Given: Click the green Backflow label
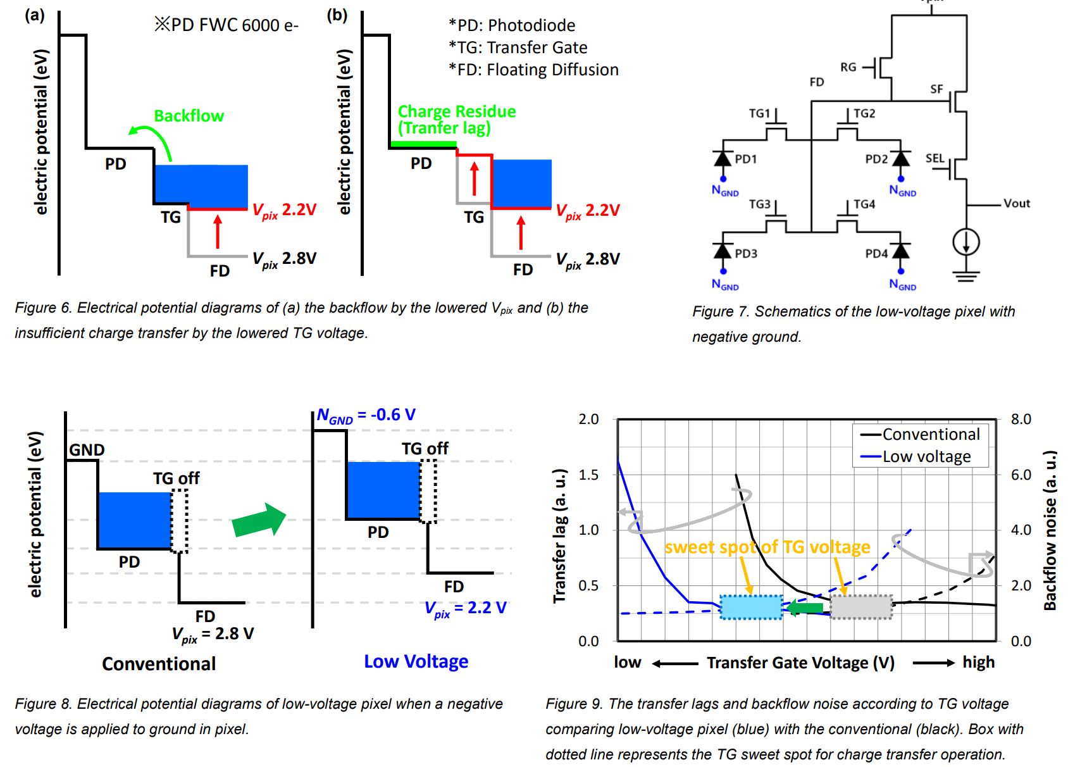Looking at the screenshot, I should click(189, 116).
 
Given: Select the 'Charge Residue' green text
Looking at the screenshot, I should click(456, 111).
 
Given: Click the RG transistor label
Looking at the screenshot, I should click(848, 67).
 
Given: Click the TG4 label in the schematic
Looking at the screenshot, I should click(864, 204).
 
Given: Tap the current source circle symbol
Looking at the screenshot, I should click(966, 242).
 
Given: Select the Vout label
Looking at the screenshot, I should click(1016, 203).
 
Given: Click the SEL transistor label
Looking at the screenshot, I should click(934, 158).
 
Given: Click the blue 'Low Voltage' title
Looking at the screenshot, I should click(416, 661).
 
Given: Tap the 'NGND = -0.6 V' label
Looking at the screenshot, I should click(366, 415).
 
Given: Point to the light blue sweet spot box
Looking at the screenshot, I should click(752, 608).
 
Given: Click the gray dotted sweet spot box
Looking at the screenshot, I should click(861, 608).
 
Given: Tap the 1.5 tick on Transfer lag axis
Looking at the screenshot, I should click(588, 475).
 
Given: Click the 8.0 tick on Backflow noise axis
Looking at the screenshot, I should click(1021, 419).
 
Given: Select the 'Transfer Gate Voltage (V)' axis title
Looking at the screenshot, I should click(800, 663).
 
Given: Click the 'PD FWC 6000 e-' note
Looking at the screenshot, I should click(227, 25).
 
